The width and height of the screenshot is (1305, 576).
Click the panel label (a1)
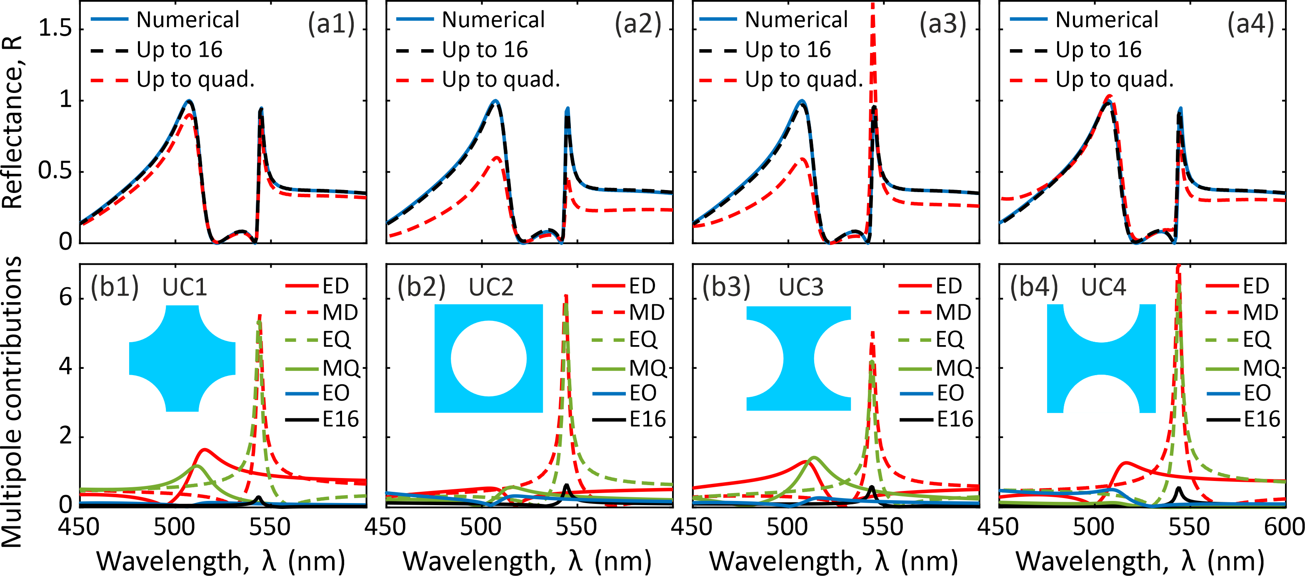pyautogui.click(x=331, y=23)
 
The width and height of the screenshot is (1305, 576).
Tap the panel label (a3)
pyautogui.click(x=943, y=23)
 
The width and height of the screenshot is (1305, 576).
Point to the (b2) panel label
pyautogui.click(x=421, y=287)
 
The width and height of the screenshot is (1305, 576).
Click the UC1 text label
pyautogui.click(x=185, y=287)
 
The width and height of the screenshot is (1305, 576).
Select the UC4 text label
pyautogui.click(x=1103, y=287)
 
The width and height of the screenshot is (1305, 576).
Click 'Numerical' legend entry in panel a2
pyautogui.click(x=492, y=20)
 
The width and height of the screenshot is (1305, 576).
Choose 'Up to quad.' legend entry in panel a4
pyautogui.click(x=1114, y=80)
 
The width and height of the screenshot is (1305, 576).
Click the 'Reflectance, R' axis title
pyautogui.click(x=12, y=122)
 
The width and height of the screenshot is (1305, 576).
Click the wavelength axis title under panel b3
pyautogui.click(x=834, y=561)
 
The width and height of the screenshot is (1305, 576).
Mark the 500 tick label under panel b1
pyautogui.click(x=174, y=527)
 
